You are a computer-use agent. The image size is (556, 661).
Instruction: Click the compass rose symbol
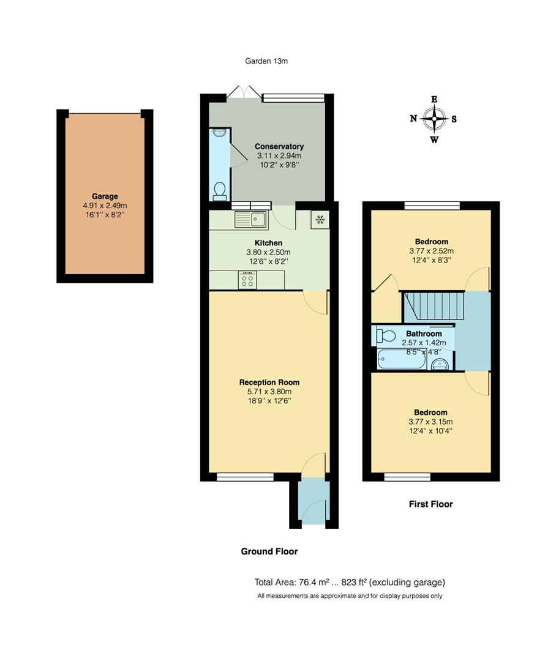pos(434,119)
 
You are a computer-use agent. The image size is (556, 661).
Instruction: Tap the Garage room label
pos(105,196)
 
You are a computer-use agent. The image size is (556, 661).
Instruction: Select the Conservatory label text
pos(279,146)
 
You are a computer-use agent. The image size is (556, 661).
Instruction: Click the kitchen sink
pos(250,218)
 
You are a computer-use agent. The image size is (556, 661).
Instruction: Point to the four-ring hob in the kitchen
pos(248,280)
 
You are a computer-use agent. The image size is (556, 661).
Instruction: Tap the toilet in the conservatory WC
pos(219,192)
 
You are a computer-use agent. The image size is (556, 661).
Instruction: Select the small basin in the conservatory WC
pos(218,133)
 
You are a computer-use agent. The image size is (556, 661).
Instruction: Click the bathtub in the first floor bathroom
pos(400,360)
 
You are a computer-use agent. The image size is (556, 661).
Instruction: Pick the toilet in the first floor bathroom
pos(386,335)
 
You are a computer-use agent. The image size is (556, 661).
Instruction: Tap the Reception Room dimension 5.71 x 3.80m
pos(269,392)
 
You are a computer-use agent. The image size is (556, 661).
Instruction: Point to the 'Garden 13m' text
pos(266,61)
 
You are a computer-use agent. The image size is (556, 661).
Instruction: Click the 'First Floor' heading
pos(430,504)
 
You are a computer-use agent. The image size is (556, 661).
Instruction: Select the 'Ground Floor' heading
pos(269,551)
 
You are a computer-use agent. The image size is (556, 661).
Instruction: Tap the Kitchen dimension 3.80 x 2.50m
pos(269,252)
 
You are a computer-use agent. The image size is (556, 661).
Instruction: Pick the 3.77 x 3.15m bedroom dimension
pos(430,422)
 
